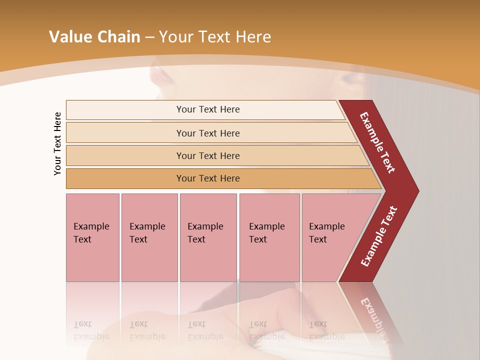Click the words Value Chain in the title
(x=94, y=37)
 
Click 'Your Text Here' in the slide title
(x=215, y=37)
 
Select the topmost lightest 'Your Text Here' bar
(x=208, y=109)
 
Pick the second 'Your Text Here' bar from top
(x=208, y=133)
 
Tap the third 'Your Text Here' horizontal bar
(x=208, y=155)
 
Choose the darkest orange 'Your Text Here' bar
(x=208, y=178)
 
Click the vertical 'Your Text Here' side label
(x=57, y=144)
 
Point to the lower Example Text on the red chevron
(x=379, y=236)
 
